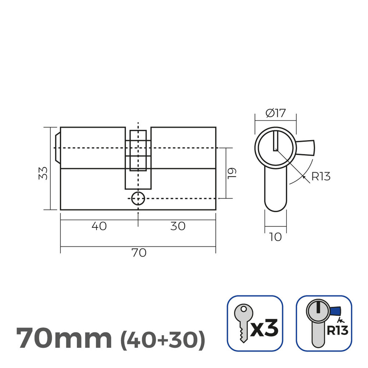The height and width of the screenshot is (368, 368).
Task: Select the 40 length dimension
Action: tap(99, 226)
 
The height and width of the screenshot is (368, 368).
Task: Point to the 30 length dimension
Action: tap(178, 226)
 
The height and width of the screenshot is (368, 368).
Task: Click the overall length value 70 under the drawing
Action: tap(139, 253)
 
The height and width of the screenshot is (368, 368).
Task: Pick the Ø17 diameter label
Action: tap(275, 113)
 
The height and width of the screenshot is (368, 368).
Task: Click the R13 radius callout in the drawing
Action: tap(321, 177)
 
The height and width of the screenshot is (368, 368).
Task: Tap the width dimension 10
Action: tap(275, 237)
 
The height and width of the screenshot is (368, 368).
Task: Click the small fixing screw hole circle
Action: tap(138, 198)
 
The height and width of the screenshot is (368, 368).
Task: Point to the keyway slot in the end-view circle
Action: tap(275, 141)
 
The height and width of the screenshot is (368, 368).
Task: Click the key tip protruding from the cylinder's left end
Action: tap(57, 148)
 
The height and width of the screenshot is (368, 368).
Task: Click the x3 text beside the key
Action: tap(265, 328)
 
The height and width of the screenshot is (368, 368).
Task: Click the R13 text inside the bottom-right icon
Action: tap(337, 331)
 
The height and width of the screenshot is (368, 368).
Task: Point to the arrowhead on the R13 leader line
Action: tap(304, 176)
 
